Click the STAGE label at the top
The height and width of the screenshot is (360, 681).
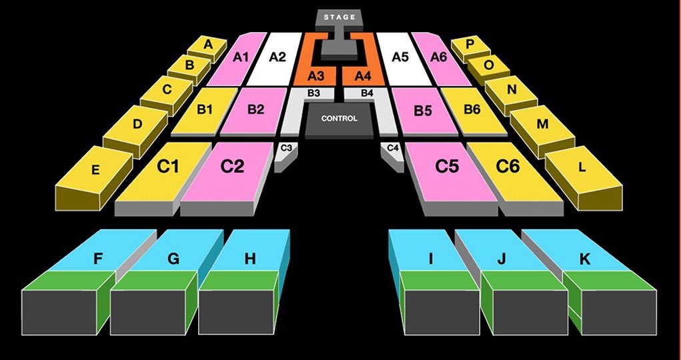pyautogui.click(x=340, y=17)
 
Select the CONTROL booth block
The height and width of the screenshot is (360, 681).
pyautogui.click(x=339, y=119)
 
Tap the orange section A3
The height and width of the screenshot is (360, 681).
pyautogui.click(x=317, y=75)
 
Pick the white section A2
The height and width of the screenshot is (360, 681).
pyautogui.click(x=277, y=57)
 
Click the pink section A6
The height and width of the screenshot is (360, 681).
pyautogui.click(x=438, y=57)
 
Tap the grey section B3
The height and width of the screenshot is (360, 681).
pyautogui.click(x=313, y=93)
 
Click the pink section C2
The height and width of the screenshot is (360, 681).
pyautogui.click(x=233, y=167)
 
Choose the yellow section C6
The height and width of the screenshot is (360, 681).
pyautogui.click(x=508, y=167)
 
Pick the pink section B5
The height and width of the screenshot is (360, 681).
pyautogui.click(x=423, y=111)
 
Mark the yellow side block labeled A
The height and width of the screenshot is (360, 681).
pyautogui.click(x=207, y=45)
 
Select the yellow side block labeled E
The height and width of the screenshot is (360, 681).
pyautogui.click(x=95, y=171)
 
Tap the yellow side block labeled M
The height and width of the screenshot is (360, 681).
pyautogui.click(x=542, y=125)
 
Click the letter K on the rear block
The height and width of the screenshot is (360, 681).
pyautogui.click(x=584, y=258)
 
